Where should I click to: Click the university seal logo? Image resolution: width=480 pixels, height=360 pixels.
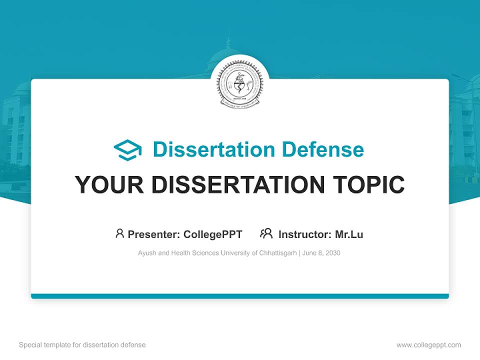click(x=239, y=83)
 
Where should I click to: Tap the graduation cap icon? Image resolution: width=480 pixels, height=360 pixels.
click(x=127, y=149)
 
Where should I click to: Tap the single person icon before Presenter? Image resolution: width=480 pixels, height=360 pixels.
click(x=119, y=233)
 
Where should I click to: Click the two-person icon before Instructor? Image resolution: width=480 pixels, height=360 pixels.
click(x=266, y=233)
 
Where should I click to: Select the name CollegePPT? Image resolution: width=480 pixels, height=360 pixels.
click(x=213, y=234)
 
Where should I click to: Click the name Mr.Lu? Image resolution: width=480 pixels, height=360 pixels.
click(x=349, y=234)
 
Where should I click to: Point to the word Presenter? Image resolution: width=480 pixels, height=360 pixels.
click(x=154, y=234)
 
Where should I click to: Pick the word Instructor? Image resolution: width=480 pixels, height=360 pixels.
click(x=304, y=234)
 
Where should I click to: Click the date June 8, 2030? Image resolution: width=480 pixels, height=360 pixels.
click(x=321, y=253)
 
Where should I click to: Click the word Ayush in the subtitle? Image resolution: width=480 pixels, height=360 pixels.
click(x=146, y=253)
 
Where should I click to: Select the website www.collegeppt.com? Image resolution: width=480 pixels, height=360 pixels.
click(x=428, y=345)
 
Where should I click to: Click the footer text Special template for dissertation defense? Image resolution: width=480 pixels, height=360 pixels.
click(x=82, y=345)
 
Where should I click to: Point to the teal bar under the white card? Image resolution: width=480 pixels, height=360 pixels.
click(x=240, y=296)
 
